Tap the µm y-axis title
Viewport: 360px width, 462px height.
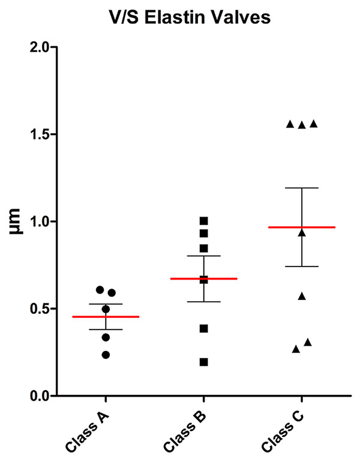pos(16,221)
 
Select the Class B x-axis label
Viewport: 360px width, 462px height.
pos(184,430)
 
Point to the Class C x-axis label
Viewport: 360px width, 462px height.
pos(281,430)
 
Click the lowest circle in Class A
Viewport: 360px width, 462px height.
pos(106,355)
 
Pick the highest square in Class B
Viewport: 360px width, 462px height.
pos(204,221)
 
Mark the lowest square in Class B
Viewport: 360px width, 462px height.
pos(204,362)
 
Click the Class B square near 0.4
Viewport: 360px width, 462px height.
pos(204,328)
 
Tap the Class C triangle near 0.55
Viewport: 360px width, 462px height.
pos(302,296)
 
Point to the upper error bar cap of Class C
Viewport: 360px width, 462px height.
pos(302,188)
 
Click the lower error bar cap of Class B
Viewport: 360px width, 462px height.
pos(204,301)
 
